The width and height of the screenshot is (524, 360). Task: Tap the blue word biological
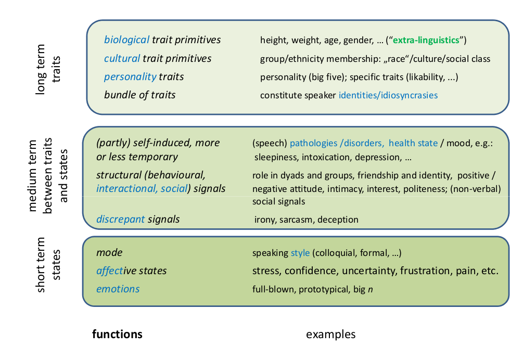(x=127, y=40)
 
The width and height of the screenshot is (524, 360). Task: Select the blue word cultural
(x=122, y=58)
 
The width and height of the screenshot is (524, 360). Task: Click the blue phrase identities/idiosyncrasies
(x=388, y=95)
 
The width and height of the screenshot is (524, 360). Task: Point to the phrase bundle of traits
(x=139, y=95)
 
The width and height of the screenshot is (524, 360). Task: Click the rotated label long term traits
(x=48, y=69)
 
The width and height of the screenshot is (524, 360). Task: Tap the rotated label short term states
(x=48, y=265)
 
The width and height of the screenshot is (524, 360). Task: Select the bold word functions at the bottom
(x=117, y=334)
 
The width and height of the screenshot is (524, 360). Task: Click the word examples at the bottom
(x=330, y=334)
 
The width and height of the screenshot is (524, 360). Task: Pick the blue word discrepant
(x=121, y=219)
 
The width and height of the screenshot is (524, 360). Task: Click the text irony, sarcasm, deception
(x=306, y=220)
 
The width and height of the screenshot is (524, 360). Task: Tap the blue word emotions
(x=118, y=289)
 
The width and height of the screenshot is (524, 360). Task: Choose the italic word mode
(x=109, y=253)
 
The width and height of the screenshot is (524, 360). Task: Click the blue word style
(x=300, y=253)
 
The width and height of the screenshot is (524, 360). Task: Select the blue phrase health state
(x=413, y=143)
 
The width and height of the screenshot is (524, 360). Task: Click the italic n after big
(x=370, y=289)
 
